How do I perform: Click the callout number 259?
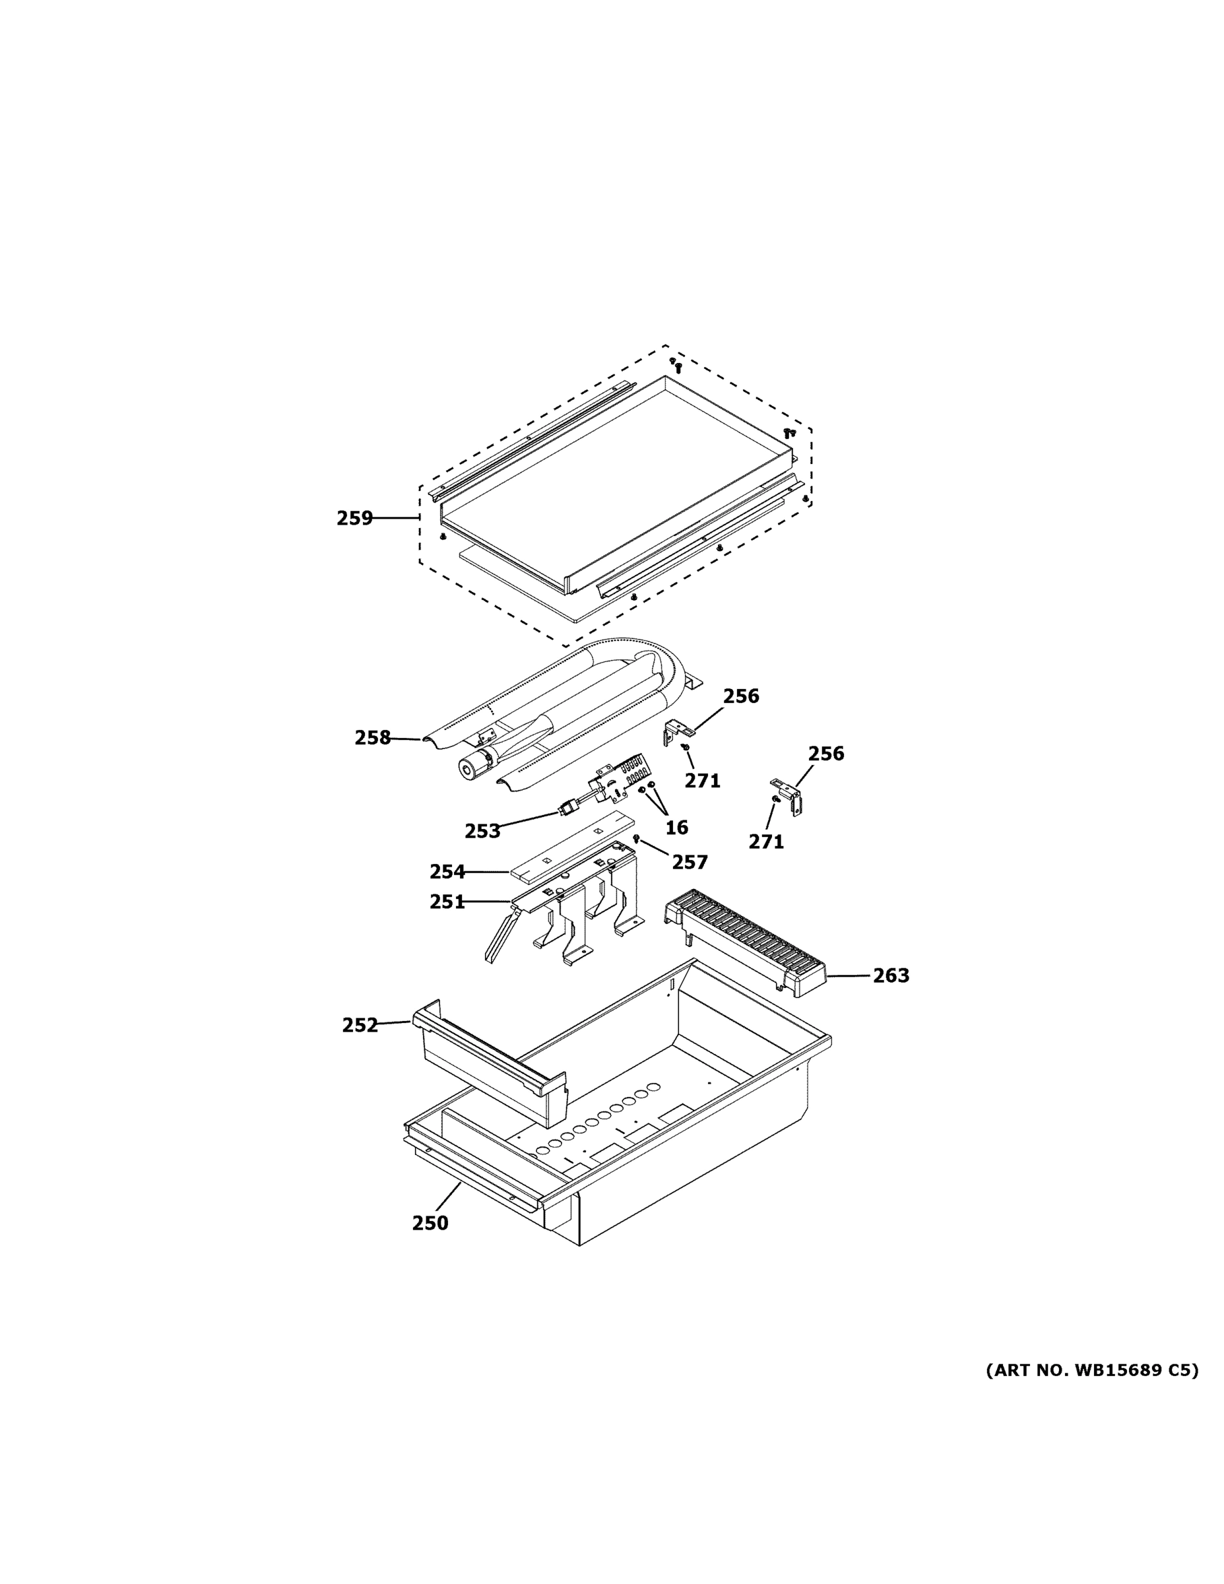coord(354,519)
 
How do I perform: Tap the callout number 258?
coord(372,739)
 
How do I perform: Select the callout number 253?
coord(482,832)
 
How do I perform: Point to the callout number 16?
coord(676,828)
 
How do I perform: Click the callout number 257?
coord(689,863)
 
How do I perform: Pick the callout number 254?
coord(447,872)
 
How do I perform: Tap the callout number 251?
coord(447,902)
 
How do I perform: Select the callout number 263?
coord(890,976)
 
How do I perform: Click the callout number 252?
coord(360,1026)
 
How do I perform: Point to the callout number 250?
coord(430,1224)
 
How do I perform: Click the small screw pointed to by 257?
coord(636,838)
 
